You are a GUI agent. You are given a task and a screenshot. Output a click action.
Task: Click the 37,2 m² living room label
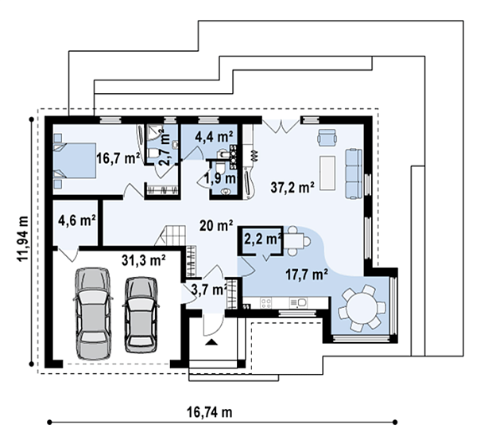(x=292, y=187)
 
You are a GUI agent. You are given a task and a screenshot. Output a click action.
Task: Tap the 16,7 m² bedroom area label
(x=118, y=158)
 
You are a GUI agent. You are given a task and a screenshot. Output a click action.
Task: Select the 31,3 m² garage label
(x=143, y=260)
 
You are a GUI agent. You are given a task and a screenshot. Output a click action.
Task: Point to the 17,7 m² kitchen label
(x=306, y=274)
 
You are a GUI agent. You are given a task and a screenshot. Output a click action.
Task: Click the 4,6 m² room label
(x=76, y=220)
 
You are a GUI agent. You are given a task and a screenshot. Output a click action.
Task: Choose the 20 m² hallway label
(x=216, y=225)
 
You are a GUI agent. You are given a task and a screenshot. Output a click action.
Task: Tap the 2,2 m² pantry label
(x=263, y=239)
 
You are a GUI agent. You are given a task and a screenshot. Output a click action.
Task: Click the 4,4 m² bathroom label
(x=214, y=137)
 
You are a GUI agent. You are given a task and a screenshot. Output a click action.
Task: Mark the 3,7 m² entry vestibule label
(x=209, y=290)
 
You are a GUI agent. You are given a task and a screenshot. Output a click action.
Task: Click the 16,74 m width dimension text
(x=210, y=412)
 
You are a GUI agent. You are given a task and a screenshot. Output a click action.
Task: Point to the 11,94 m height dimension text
(x=23, y=239)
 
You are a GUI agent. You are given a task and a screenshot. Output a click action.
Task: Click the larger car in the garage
(x=93, y=313)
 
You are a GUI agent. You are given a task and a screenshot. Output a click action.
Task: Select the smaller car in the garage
(x=141, y=315)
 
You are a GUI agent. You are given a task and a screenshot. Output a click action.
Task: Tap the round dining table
(x=362, y=308)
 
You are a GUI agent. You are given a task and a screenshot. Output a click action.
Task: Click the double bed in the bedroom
(x=75, y=161)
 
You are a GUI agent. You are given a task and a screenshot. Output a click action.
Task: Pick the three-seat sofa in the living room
(x=354, y=173)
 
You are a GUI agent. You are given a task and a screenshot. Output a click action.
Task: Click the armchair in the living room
(x=327, y=138)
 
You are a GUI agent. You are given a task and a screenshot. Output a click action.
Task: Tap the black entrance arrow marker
(x=211, y=342)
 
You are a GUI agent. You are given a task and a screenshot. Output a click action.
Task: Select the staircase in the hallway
(x=171, y=236)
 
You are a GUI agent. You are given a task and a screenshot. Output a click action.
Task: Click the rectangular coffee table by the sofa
(x=327, y=173)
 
